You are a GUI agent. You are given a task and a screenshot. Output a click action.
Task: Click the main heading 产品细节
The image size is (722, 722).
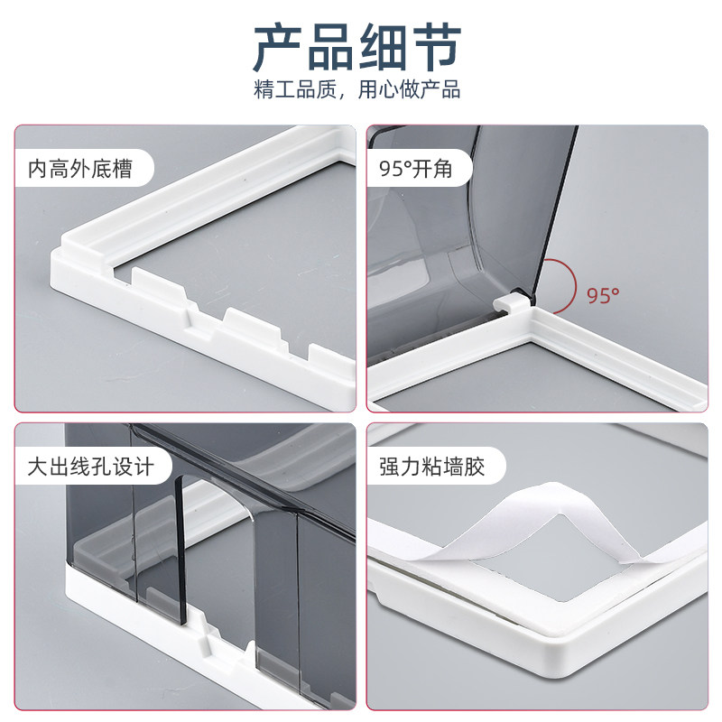(x=357, y=48)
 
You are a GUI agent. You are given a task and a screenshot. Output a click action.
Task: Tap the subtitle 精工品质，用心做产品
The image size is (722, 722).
(x=357, y=88)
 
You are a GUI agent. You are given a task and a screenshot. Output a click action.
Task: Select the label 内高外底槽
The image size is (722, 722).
(x=80, y=169)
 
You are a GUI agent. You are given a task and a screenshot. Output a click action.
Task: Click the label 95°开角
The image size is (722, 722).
(x=415, y=169)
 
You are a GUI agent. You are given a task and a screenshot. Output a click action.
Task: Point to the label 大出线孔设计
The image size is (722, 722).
(x=91, y=467)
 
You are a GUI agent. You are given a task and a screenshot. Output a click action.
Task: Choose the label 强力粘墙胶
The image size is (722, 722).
(x=432, y=467)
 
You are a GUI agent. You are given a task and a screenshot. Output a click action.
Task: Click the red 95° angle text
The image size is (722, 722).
(x=603, y=295)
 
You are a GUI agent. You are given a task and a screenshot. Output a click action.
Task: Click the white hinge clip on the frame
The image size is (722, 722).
(x=511, y=303)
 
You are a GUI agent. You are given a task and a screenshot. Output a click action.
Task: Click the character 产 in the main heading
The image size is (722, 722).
(x=278, y=48)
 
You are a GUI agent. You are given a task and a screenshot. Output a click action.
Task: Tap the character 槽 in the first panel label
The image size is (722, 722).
(x=123, y=169)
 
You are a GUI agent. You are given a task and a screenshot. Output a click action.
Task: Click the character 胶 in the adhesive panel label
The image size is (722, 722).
(x=475, y=467)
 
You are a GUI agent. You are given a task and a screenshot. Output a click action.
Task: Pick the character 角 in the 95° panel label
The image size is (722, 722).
(x=442, y=169)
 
